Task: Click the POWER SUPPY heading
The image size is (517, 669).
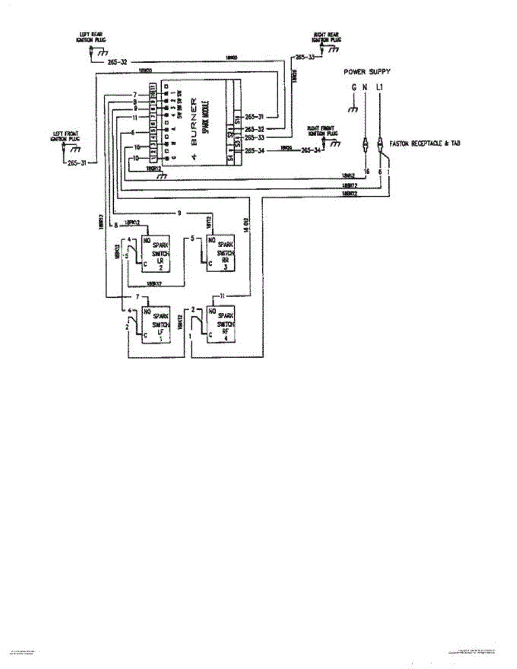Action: pos(366,72)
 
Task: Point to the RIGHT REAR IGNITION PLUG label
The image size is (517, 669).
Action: pos(327,38)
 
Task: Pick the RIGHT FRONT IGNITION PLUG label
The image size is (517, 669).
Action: pos(322,131)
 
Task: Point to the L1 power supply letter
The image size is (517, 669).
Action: pos(380,88)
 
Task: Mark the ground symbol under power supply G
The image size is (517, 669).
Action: pos(352,109)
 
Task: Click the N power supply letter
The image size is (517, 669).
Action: pos(365,88)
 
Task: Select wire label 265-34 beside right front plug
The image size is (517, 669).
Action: pos(310,151)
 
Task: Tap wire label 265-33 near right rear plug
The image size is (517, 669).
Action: pos(304,57)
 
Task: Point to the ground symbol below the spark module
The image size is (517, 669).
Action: pos(162,176)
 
